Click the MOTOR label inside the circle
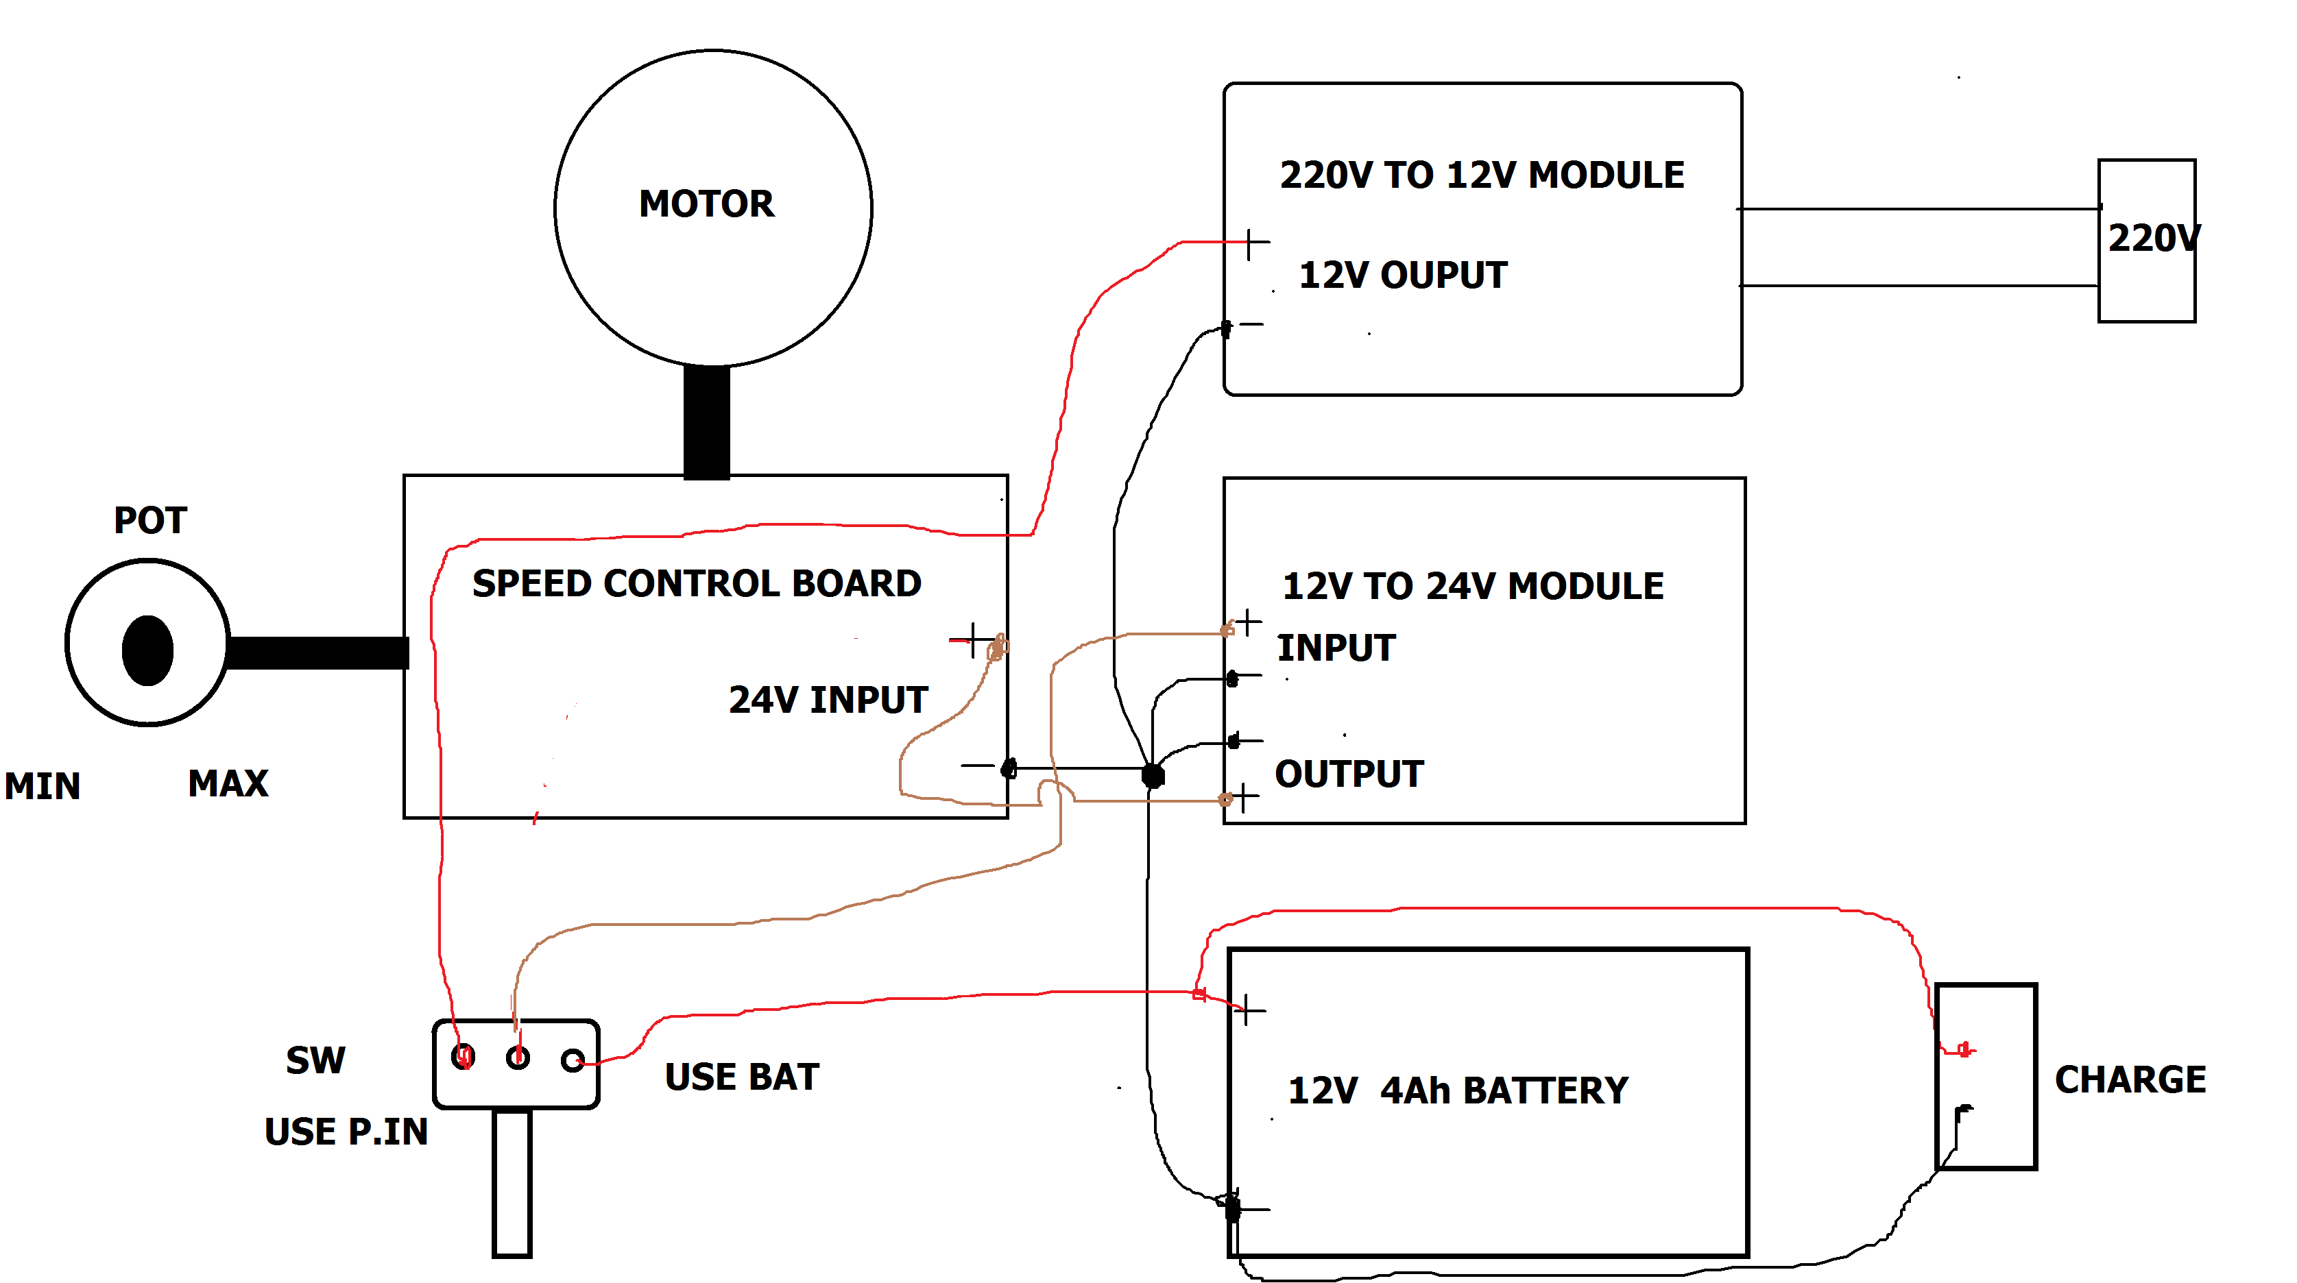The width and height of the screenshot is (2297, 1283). (x=706, y=204)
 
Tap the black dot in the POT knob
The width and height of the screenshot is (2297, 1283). (x=148, y=650)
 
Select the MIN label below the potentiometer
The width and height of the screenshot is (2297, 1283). (x=42, y=786)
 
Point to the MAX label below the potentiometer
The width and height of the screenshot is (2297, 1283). (x=228, y=783)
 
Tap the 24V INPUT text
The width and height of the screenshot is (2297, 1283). (x=828, y=700)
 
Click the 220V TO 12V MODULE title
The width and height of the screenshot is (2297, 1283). (x=1481, y=175)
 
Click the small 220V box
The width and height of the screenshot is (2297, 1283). (x=2145, y=240)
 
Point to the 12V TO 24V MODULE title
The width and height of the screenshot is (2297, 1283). (x=1472, y=587)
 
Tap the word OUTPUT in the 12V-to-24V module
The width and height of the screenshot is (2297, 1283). (x=1348, y=774)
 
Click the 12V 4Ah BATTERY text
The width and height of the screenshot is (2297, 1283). (x=1457, y=1090)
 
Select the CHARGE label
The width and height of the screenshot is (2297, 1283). (x=2130, y=1079)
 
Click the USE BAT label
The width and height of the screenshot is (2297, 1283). (x=741, y=1077)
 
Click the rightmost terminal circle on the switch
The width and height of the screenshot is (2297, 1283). (x=573, y=1060)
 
